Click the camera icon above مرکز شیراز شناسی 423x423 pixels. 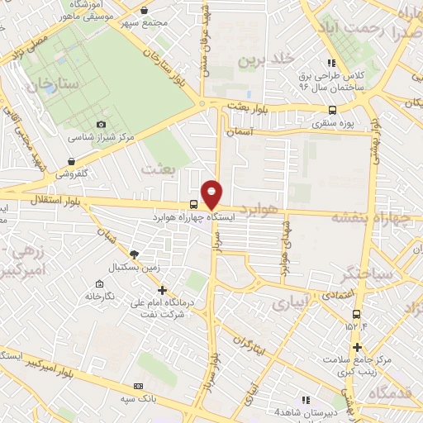tap(102, 124)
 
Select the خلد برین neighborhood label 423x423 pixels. tap(266, 59)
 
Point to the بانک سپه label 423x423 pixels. tap(138, 398)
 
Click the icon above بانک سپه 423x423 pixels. tap(138, 386)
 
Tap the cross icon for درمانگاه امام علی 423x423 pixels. tap(162, 290)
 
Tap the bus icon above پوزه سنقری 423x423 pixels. tap(332, 110)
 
